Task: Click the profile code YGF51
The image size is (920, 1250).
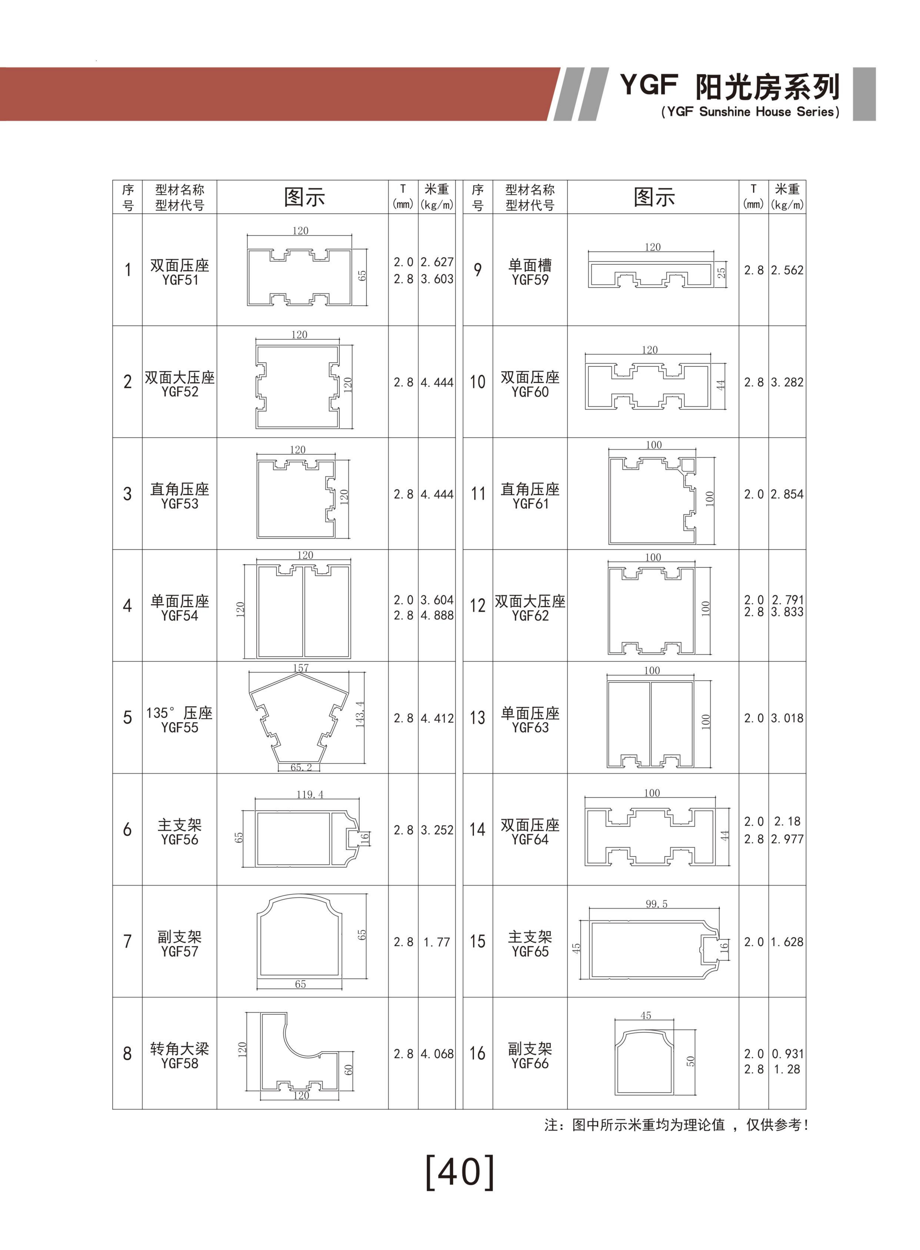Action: point(180,280)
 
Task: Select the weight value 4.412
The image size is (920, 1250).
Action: point(437,718)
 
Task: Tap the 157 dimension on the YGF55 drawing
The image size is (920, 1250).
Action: point(301,668)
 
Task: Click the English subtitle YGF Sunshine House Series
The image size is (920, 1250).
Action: point(750,112)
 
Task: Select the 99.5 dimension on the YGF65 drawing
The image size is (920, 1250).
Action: point(657,904)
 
